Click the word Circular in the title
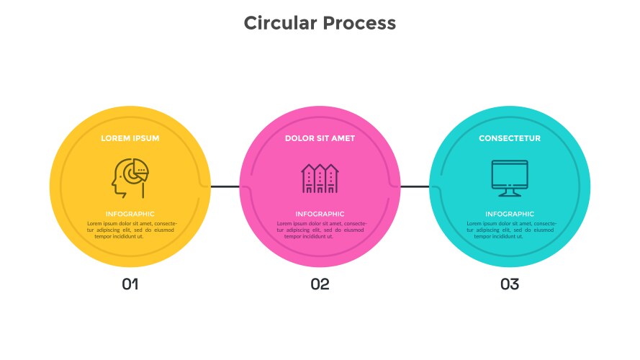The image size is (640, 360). [x=279, y=23]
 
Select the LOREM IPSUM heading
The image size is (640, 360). [x=130, y=138]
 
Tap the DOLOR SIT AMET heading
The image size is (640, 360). [x=320, y=138]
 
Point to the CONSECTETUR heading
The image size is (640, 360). [x=510, y=138]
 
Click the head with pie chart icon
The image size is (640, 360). [x=130, y=179]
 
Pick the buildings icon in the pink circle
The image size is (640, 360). [x=320, y=179]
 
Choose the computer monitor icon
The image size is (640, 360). [x=510, y=177]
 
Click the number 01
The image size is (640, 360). [x=130, y=284]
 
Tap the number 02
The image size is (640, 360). [x=320, y=284]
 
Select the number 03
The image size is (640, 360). [x=510, y=284]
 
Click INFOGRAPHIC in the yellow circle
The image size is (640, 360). [x=130, y=214]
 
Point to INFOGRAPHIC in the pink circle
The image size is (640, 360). [x=320, y=214]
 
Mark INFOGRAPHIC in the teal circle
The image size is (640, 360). [x=510, y=214]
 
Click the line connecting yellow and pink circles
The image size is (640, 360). [x=225, y=187]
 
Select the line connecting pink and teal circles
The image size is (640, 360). [x=415, y=187]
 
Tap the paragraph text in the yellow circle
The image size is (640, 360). [x=130, y=230]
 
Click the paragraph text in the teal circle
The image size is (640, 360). [x=510, y=230]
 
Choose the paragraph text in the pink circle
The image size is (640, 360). [x=320, y=230]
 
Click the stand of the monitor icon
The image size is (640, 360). [x=510, y=192]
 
